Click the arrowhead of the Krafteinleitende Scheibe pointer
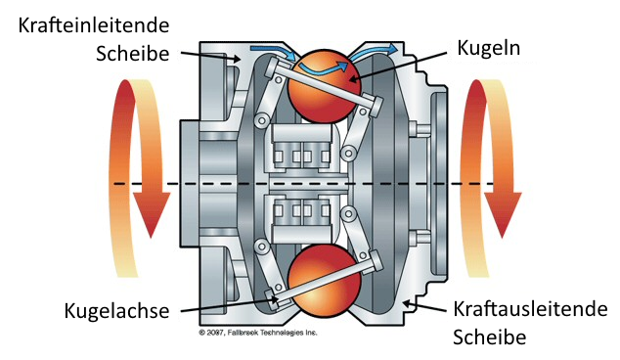point(241,61)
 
